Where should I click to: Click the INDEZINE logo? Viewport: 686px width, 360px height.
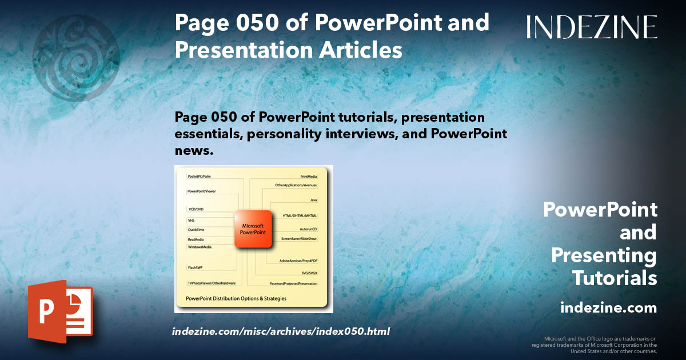(x=592, y=27)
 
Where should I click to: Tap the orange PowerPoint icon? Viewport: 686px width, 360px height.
(x=60, y=311)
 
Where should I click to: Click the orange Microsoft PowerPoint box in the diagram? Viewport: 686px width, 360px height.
(x=252, y=229)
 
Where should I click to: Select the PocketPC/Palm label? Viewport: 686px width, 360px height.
(x=200, y=177)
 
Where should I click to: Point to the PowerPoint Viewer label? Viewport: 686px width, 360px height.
(x=202, y=191)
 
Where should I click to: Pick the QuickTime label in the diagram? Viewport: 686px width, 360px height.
(x=197, y=230)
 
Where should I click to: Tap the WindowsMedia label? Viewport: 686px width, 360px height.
(x=200, y=247)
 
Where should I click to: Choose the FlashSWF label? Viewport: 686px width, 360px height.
(x=196, y=267)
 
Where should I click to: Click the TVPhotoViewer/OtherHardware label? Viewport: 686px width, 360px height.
(x=212, y=283)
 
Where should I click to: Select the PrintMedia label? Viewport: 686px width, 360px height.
(x=309, y=177)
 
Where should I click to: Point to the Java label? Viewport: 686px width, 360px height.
(x=313, y=200)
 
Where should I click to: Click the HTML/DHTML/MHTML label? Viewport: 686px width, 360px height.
(x=300, y=215)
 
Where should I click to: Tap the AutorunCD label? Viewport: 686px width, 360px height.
(x=308, y=229)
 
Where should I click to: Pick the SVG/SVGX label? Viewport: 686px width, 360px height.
(x=309, y=273)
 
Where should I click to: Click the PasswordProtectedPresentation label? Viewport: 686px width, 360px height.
(x=293, y=283)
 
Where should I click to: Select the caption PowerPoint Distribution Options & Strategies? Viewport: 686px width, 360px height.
(x=236, y=298)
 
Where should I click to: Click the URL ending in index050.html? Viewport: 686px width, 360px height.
(x=281, y=331)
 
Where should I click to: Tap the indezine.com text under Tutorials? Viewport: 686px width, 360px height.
(x=608, y=308)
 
